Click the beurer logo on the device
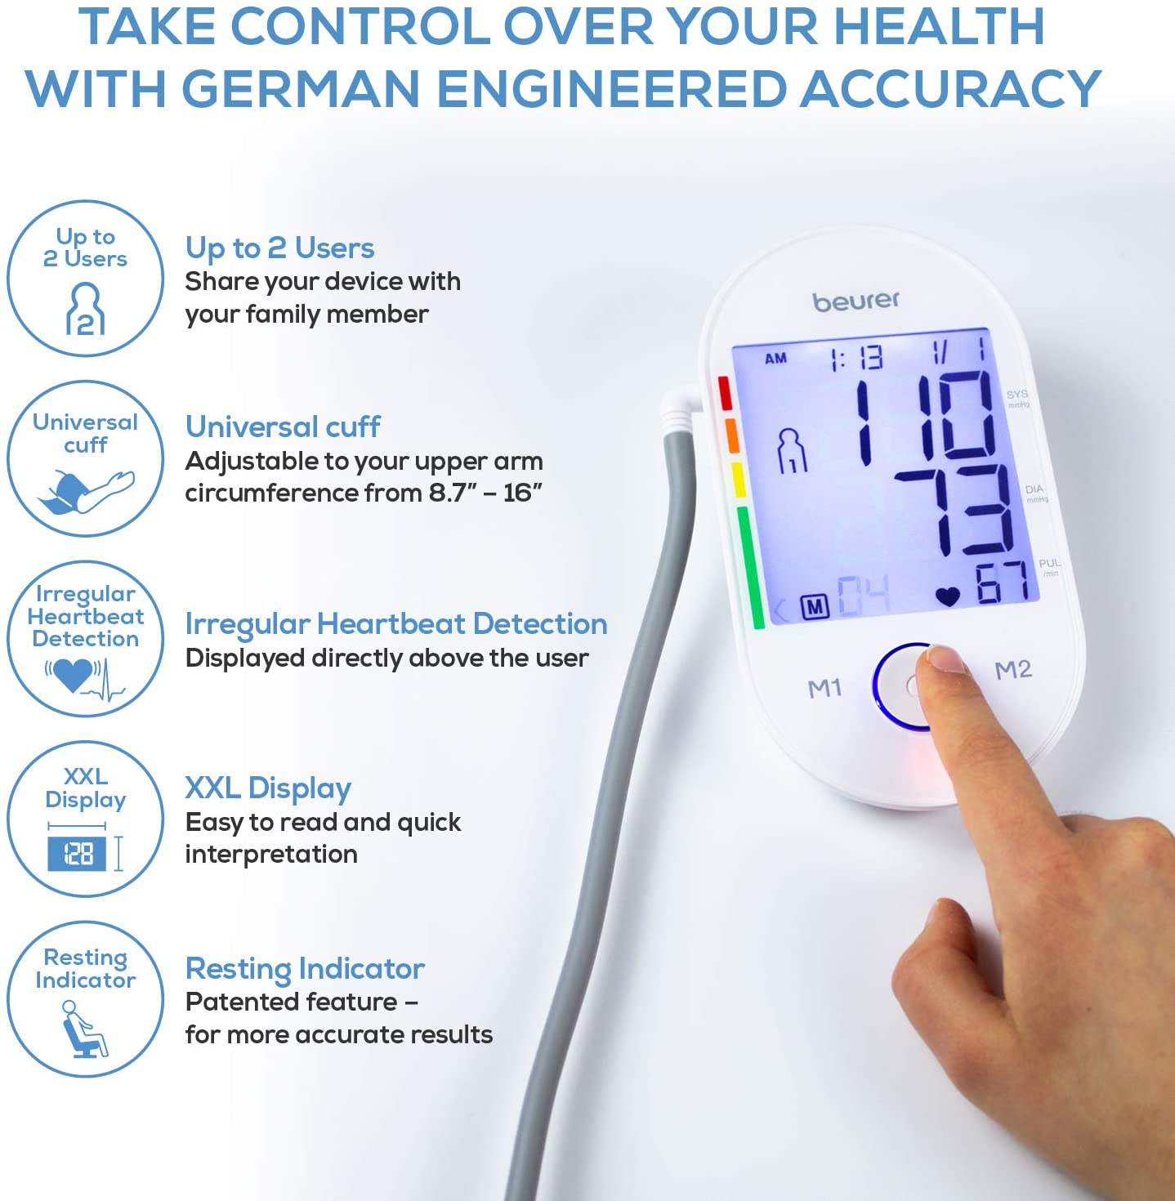click(x=856, y=301)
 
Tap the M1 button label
click(x=825, y=688)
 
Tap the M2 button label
click(x=1013, y=670)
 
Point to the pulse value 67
click(x=1001, y=582)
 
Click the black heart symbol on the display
click(x=948, y=596)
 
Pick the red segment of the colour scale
click(x=725, y=393)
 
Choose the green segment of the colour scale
click(x=750, y=567)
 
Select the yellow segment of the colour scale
click(x=738, y=479)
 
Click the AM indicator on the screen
click(x=775, y=358)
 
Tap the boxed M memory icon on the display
click(x=815, y=607)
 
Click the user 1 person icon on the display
click(x=792, y=450)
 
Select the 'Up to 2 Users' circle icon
click(x=86, y=279)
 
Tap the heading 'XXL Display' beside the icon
click(x=269, y=788)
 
